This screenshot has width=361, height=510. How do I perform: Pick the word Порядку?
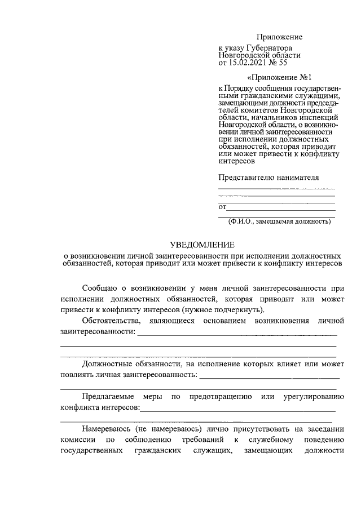click(241, 89)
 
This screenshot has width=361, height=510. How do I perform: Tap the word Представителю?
click(244, 177)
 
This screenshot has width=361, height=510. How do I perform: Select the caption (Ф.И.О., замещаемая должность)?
click(279, 221)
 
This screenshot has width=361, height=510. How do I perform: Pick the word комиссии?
click(76, 440)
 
